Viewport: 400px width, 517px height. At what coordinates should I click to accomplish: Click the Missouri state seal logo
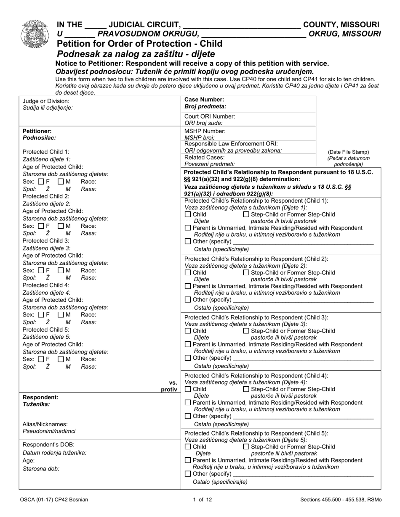click(34, 34)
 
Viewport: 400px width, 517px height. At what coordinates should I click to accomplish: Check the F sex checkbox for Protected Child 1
click(41, 182)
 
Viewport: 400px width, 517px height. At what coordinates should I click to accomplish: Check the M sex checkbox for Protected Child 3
click(61, 270)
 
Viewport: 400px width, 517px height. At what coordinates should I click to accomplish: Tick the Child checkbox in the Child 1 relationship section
click(188, 214)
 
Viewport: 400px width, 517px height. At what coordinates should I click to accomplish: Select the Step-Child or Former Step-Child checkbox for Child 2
click(246, 272)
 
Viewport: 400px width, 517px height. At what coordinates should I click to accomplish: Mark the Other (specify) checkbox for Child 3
click(188, 358)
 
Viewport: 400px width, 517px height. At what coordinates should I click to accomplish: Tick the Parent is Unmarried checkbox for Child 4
click(188, 402)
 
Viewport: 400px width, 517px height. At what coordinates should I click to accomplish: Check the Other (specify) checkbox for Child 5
click(188, 474)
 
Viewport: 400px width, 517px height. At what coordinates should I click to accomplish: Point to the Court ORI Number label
click(210, 116)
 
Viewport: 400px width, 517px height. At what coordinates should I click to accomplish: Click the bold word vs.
click(173, 382)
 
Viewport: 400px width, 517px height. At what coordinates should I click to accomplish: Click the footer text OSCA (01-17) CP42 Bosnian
click(53, 499)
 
